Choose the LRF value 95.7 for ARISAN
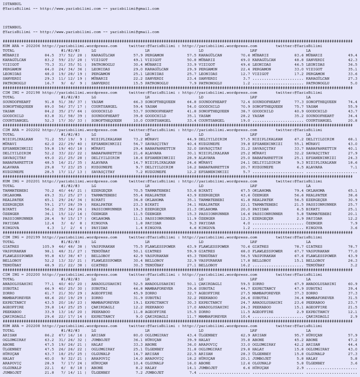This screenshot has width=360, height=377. point(293,335)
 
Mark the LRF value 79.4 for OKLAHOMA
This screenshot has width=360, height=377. point(293,190)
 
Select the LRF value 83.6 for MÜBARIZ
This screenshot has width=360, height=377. point(293,55)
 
